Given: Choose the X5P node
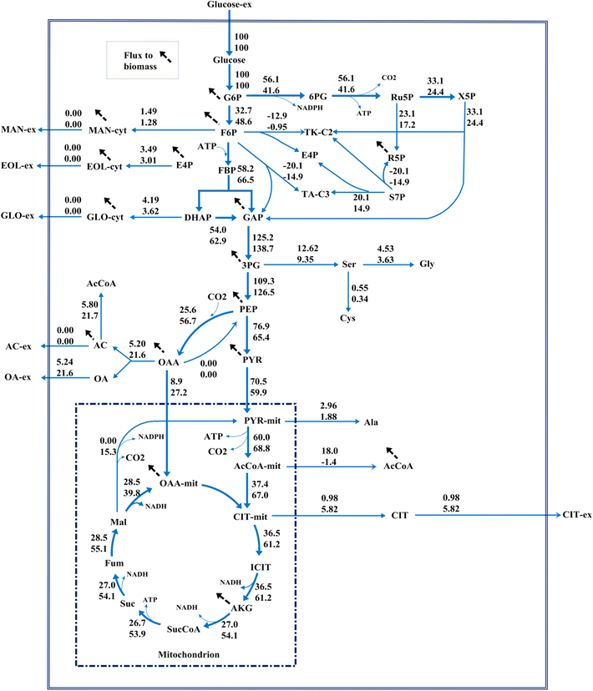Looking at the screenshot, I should (466, 97).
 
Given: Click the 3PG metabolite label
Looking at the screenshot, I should (252, 265).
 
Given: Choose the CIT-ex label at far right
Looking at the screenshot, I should (575, 515).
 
